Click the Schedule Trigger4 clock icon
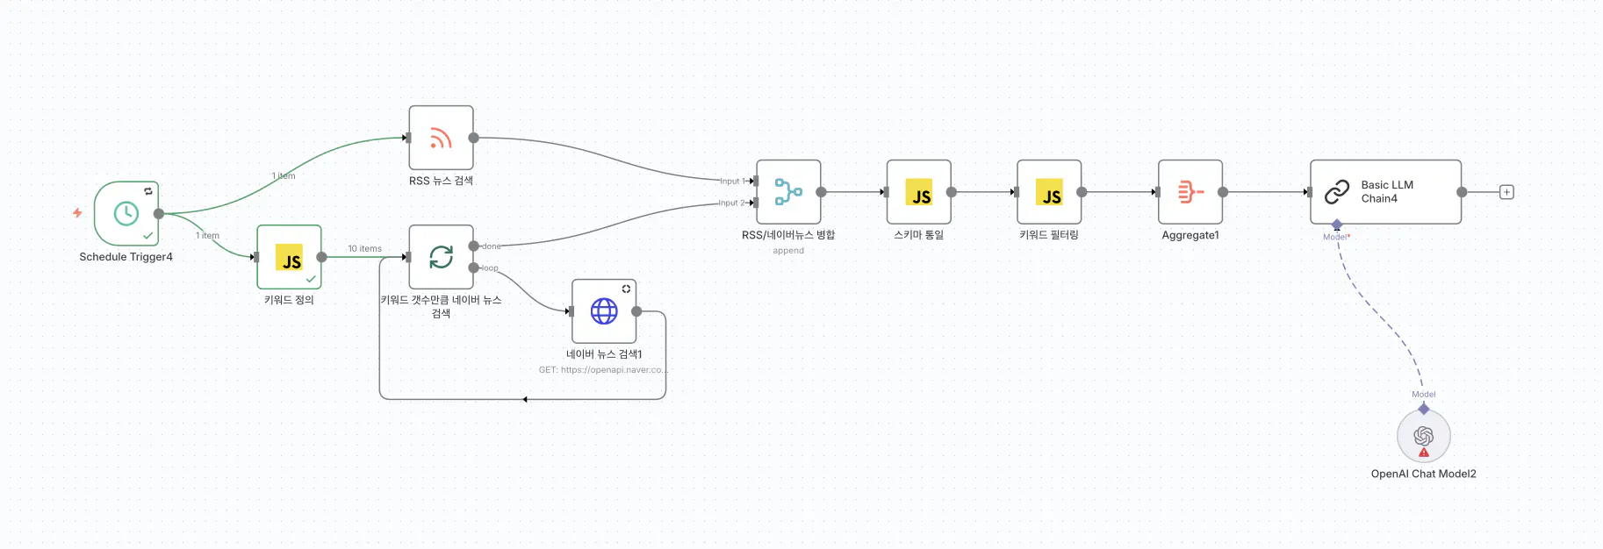tap(126, 213)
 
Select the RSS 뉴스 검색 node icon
tap(441, 138)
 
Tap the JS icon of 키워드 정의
tap(290, 258)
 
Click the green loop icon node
tap(441, 257)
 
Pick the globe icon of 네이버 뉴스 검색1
tap(604, 311)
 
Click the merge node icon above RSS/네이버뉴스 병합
tap(788, 192)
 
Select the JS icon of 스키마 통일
tap(919, 192)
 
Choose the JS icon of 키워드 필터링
tap(1049, 192)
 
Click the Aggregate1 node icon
tap(1190, 192)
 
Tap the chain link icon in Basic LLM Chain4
tap(1337, 192)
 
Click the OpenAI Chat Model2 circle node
tap(1423, 435)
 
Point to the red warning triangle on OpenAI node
tap(1424, 453)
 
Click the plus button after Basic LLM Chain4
tap(1506, 192)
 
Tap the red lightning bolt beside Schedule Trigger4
tap(77, 212)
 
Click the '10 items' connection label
tap(364, 249)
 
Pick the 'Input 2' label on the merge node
tap(731, 203)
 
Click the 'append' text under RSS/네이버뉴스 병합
tap(788, 251)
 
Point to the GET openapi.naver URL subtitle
tap(603, 370)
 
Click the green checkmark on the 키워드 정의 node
tap(311, 279)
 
